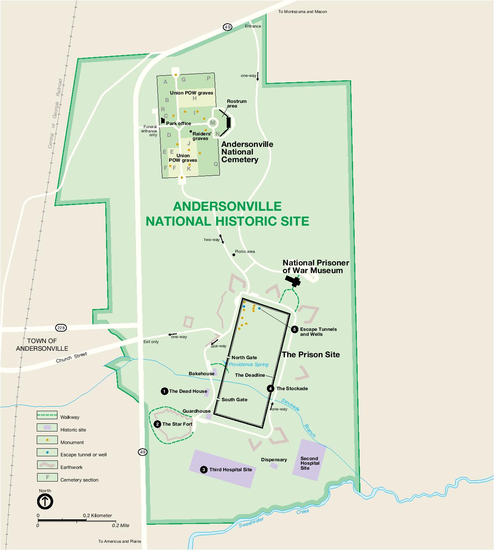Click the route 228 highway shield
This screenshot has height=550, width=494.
(61, 328)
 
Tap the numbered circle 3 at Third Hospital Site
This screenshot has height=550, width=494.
(204, 469)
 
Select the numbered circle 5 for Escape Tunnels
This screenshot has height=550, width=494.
(294, 329)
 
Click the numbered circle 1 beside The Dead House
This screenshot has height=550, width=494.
(164, 391)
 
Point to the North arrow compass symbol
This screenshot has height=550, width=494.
(45, 501)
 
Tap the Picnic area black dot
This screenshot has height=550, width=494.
(234, 255)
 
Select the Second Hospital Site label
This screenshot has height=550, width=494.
(309, 463)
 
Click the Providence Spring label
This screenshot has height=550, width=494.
(249, 364)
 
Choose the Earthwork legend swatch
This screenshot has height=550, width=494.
(47, 465)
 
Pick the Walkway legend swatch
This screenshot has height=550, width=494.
(47, 415)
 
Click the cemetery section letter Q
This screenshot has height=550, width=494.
(216, 164)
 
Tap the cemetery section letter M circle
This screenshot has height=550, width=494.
(213, 123)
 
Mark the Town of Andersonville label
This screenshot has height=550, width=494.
(42, 345)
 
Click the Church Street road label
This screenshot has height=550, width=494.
(72, 358)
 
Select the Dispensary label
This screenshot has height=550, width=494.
(274, 460)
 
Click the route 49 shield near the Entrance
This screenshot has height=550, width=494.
(227, 27)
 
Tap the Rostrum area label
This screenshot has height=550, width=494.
(237, 103)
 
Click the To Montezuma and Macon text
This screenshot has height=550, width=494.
(303, 11)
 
